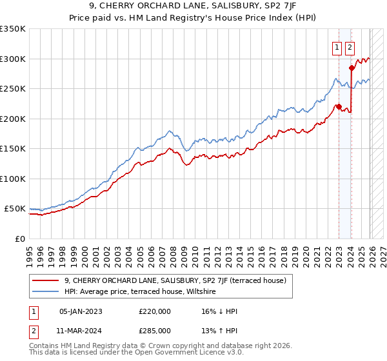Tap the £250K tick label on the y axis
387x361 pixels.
click(13, 89)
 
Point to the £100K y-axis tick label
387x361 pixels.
click(13, 179)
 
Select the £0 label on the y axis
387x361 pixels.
click(19, 239)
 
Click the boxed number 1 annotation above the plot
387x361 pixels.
click(337, 47)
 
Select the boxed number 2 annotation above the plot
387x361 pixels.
click(350, 47)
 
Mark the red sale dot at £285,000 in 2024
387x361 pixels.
click(352, 68)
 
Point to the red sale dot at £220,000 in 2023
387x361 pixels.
click(339, 107)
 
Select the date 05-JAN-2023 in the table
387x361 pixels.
click(81, 311)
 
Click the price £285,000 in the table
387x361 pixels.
click(155, 330)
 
